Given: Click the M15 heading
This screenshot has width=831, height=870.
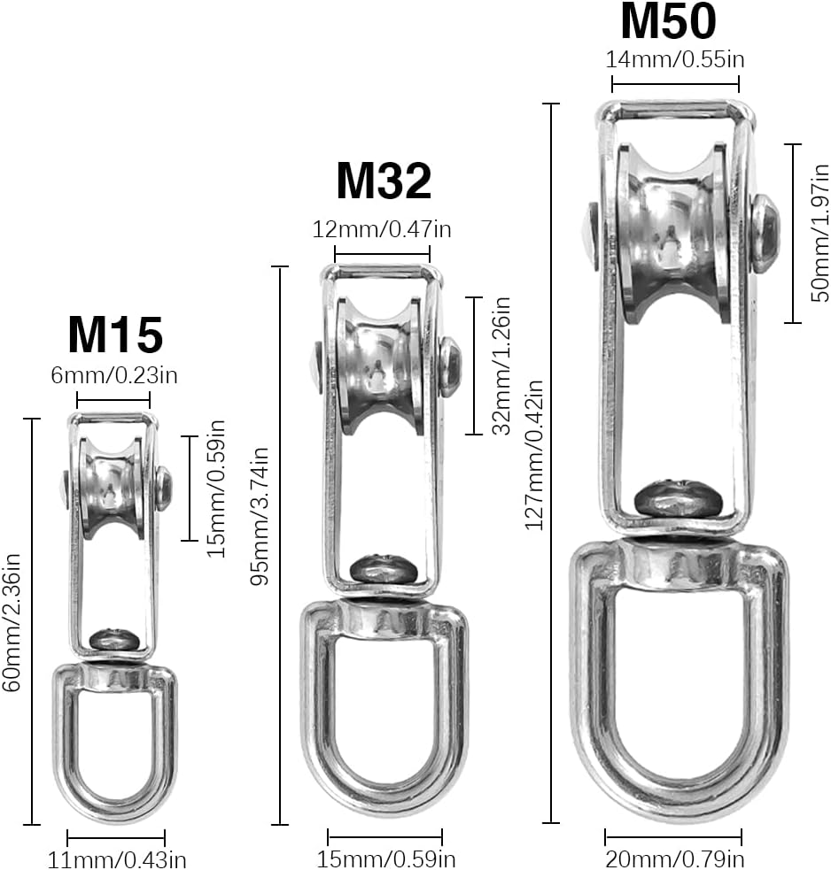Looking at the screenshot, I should [115, 335].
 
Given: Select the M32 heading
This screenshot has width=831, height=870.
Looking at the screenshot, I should [383, 181].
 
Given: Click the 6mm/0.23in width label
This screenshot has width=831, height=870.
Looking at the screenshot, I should [115, 374].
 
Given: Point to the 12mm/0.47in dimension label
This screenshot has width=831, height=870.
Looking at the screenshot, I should [383, 230].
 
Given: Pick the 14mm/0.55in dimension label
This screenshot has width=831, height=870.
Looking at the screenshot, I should [675, 61].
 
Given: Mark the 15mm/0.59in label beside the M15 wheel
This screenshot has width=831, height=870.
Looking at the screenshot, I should [215, 489].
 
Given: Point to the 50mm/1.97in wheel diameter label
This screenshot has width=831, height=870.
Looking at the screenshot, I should [821, 234].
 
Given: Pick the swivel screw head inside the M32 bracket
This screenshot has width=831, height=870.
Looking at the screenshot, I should [381, 567].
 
